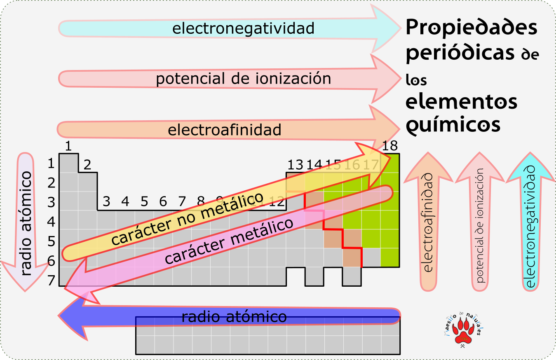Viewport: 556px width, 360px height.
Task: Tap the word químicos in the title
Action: tap(453, 124)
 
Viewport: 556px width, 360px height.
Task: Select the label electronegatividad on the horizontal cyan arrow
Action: tap(243, 28)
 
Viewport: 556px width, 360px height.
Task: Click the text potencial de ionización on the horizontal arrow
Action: tap(243, 78)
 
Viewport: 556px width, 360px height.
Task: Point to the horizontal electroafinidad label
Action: tap(225, 130)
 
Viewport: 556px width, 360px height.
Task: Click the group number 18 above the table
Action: tap(389, 145)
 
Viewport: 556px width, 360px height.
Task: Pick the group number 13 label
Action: tap(295, 165)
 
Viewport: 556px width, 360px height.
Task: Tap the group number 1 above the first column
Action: tap(68, 146)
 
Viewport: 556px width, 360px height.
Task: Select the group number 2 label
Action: tap(87, 165)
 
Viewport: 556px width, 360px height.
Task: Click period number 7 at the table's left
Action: tap(51, 281)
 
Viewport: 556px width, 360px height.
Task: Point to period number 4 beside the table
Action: tap(51, 222)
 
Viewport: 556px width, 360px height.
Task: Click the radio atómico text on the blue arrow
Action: tap(234, 317)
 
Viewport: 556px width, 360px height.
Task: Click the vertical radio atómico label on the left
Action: tap(26, 223)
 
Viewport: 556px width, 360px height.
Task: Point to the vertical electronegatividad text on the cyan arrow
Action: tap(530, 227)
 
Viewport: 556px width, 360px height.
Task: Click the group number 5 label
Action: tap(144, 202)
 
